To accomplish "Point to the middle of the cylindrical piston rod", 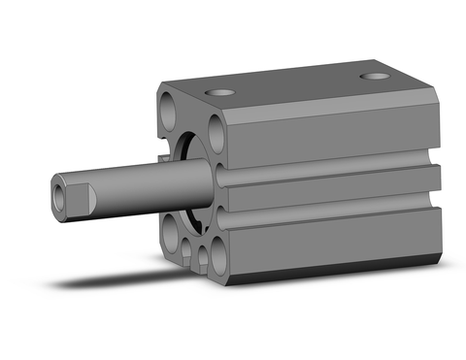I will (x=146, y=181).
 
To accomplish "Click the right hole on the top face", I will (x=372, y=76).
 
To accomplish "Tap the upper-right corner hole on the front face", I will (x=216, y=135).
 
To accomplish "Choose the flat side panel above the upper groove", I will (x=330, y=131).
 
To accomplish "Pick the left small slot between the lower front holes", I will (x=186, y=254).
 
